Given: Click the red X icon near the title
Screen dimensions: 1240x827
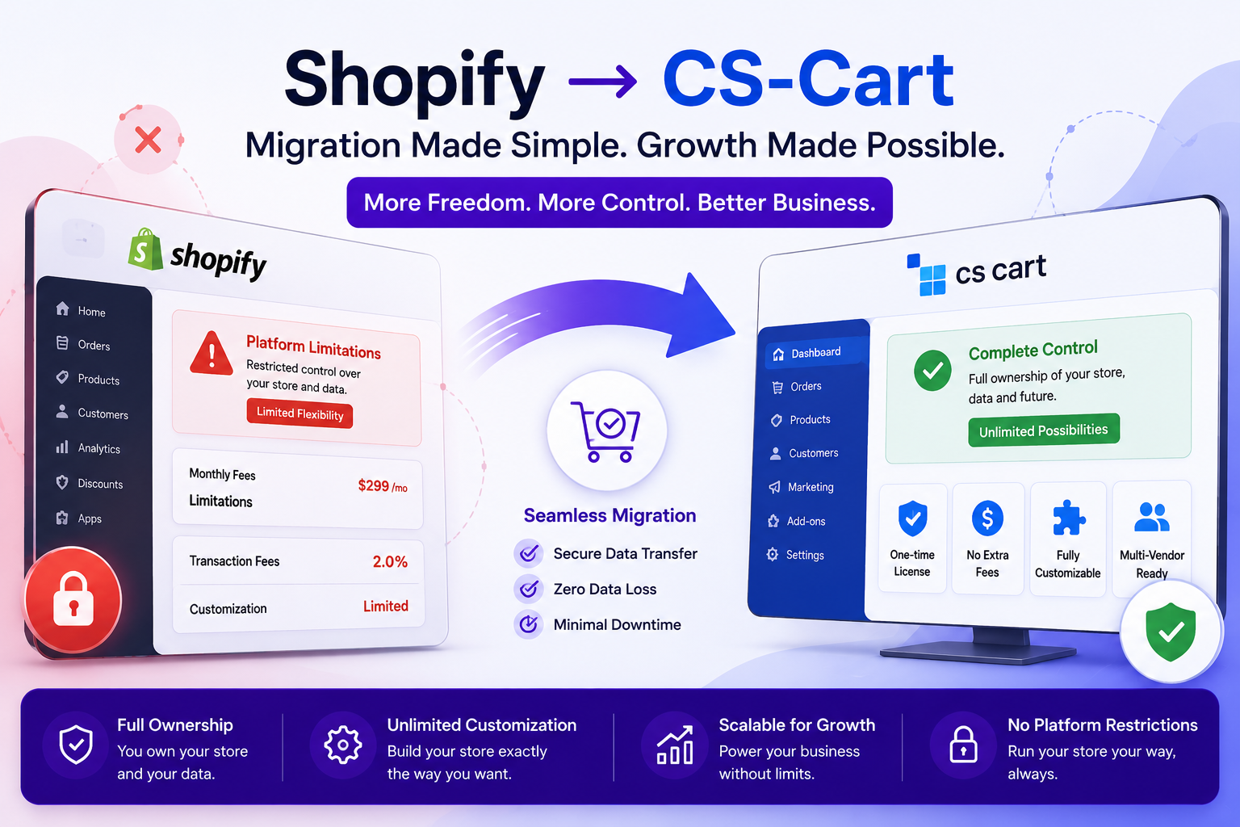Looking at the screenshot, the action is click(x=148, y=140).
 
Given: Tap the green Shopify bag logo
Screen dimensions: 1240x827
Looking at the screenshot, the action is click(x=145, y=250).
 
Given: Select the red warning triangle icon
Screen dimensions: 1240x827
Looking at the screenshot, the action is click(x=211, y=354).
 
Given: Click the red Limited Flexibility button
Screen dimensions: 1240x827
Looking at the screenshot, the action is click(x=300, y=413).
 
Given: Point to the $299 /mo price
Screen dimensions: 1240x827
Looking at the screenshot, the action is click(x=383, y=486).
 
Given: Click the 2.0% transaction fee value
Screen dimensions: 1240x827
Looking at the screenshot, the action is click(x=390, y=561).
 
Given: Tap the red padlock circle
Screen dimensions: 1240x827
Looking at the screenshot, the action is click(x=73, y=599).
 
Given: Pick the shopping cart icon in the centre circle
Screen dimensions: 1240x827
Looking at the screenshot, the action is click(x=606, y=431).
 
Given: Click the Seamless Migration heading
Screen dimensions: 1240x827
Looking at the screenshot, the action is click(x=610, y=516).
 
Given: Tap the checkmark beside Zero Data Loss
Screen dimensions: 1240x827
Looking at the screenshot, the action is click(x=529, y=589).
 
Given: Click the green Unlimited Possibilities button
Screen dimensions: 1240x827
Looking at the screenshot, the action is click(x=1044, y=430).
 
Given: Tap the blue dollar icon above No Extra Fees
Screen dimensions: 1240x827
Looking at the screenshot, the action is click(x=987, y=518).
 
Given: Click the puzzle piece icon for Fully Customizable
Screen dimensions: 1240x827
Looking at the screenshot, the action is click(x=1068, y=518).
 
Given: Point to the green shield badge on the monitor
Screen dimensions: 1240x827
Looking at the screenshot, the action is click(x=1171, y=632).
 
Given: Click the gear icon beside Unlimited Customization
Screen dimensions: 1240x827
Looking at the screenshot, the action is click(x=342, y=745).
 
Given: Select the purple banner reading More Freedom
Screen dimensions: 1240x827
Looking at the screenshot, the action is click(x=619, y=202).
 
